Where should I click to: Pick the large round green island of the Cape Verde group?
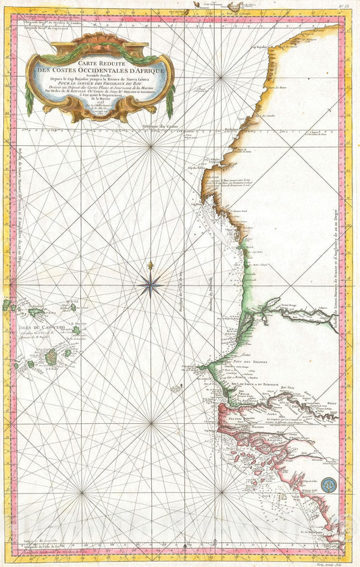click(51, 354)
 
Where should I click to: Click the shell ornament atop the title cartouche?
click(100, 40)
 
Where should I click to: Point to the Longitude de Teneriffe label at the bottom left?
click(51, 554)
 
